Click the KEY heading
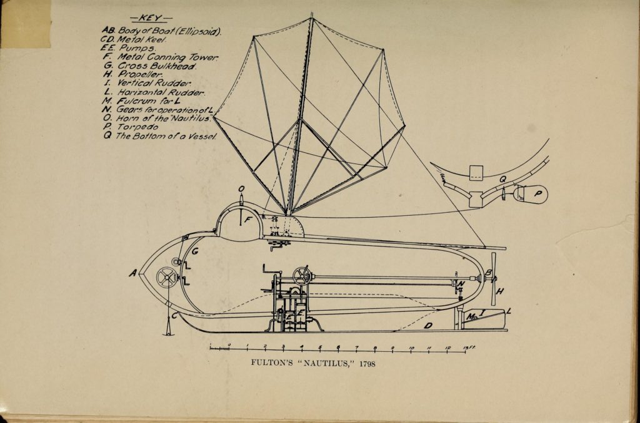click(x=151, y=18)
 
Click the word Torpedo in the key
click(x=137, y=127)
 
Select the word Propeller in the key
click(x=141, y=75)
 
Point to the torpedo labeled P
click(x=530, y=193)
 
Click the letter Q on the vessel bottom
click(x=502, y=179)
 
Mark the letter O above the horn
click(x=241, y=189)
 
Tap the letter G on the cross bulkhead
click(x=195, y=251)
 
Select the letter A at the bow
click(x=133, y=273)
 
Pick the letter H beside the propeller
click(x=500, y=291)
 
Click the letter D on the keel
click(x=428, y=326)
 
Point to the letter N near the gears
click(x=461, y=284)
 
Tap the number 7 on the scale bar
click(x=356, y=348)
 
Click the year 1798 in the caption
click(x=367, y=364)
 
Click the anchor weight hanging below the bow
click(x=167, y=328)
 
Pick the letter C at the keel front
click(x=174, y=315)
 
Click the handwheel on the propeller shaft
click(x=301, y=276)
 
